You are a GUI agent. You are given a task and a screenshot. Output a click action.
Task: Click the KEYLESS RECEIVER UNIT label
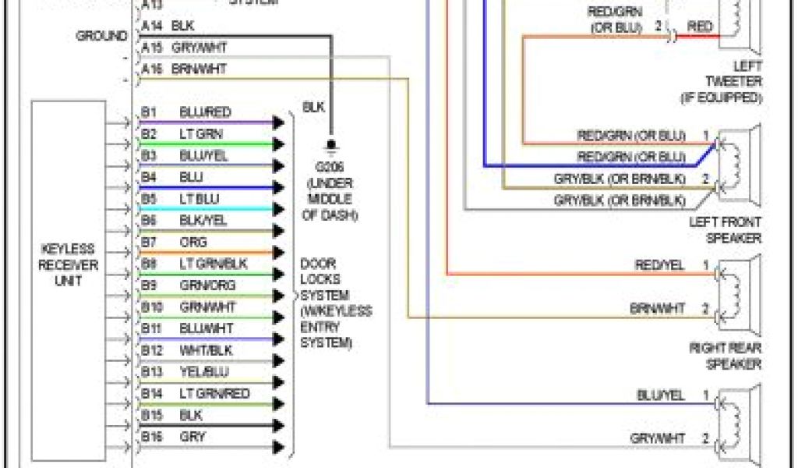[x=69, y=264]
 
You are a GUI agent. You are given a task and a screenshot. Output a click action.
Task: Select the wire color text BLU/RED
[x=205, y=112]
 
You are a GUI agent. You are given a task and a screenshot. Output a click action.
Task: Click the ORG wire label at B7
[x=192, y=243]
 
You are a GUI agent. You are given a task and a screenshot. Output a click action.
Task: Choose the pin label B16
[x=151, y=436]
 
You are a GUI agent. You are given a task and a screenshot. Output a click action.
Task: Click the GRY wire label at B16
[x=192, y=436]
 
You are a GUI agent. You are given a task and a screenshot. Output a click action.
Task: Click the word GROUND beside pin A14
[x=101, y=36]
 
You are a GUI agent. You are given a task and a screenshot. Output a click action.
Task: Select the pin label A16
[x=152, y=69]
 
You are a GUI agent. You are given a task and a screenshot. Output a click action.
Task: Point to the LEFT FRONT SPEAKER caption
[x=725, y=230]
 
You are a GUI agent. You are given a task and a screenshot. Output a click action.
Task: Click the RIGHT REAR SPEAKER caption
[x=725, y=356]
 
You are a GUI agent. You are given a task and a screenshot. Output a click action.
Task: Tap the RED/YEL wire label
[x=659, y=265]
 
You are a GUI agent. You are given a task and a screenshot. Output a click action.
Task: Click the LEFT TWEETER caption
[x=733, y=82]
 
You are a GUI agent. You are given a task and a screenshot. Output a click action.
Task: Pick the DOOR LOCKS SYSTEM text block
[x=336, y=303]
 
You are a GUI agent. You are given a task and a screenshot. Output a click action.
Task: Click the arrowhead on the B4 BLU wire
[x=277, y=188]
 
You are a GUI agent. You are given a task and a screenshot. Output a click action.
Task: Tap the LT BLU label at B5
[x=199, y=199]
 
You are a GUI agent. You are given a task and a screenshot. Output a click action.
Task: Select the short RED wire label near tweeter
[x=700, y=27]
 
